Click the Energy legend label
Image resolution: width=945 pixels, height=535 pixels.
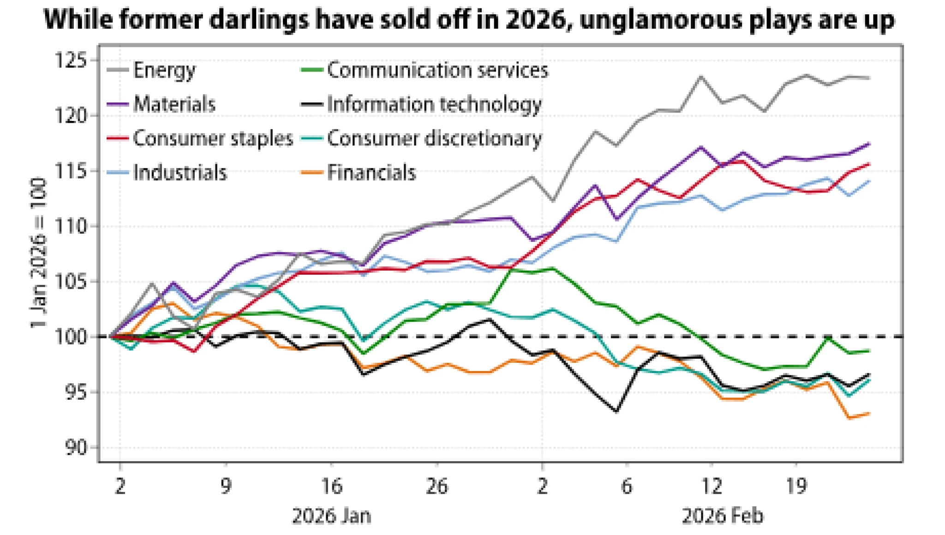(x=164, y=71)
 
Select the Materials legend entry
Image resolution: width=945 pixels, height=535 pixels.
(x=174, y=104)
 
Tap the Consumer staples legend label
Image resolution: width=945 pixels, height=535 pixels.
(x=213, y=138)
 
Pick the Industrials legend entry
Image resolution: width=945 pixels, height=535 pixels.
(x=180, y=173)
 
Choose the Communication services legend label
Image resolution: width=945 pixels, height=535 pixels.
(x=437, y=71)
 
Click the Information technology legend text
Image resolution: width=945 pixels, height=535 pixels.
(x=434, y=105)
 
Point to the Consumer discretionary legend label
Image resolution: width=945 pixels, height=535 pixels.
(x=434, y=138)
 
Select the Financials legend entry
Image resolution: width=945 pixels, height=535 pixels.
(x=371, y=173)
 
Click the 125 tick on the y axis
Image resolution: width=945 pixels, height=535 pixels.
(x=71, y=60)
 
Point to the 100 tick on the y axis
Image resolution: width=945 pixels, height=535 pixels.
(x=71, y=337)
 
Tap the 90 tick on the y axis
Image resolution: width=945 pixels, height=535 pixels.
(x=76, y=447)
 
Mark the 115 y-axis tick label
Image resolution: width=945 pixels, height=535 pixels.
(x=71, y=171)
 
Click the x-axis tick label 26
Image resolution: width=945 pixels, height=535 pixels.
(x=437, y=486)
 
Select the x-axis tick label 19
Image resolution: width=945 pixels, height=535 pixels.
(x=796, y=486)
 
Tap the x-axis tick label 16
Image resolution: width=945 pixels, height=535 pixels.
(x=331, y=486)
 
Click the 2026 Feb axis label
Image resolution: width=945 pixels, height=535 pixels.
(x=723, y=516)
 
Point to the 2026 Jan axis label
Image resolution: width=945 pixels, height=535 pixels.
(x=331, y=516)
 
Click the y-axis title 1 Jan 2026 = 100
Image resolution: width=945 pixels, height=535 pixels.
(x=39, y=253)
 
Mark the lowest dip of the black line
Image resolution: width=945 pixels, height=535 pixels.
(x=616, y=411)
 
